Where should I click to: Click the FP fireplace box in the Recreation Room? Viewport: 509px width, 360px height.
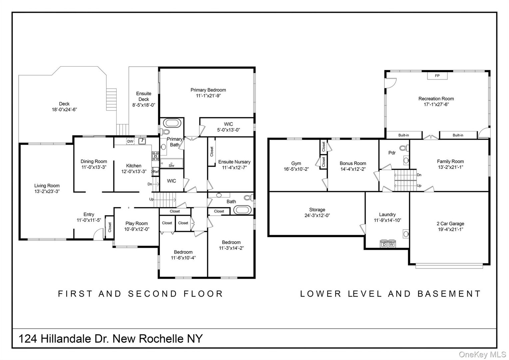(x=437, y=76)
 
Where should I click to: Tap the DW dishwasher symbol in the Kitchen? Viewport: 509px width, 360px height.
(x=130, y=141)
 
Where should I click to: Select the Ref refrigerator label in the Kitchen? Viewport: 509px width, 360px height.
(x=156, y=172)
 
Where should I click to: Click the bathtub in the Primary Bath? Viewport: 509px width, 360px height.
(x=172, y=123)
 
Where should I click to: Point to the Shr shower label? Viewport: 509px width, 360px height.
(x=172, y=165)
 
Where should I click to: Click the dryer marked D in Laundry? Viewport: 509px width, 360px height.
(x=384, y=245)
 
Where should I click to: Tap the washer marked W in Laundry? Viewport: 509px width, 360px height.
(x=391, y=245)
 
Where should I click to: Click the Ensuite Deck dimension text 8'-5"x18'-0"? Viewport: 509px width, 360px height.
(x=144, y=105)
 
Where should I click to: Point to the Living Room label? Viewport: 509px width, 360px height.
(x=47, y=186)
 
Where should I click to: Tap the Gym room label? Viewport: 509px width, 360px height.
(x=296, y=163)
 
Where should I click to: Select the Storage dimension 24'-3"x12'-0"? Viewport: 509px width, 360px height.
(x=317, y=215)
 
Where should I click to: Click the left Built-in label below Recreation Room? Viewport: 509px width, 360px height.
(x=403, y=135)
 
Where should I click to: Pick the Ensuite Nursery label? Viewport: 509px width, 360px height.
(x=234, y=162)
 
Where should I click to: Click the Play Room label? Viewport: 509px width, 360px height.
(x=137, y=223)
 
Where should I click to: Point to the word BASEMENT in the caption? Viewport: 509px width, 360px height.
(x=449, y=294)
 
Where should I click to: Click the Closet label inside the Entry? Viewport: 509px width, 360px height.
(x=110, y=227)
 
